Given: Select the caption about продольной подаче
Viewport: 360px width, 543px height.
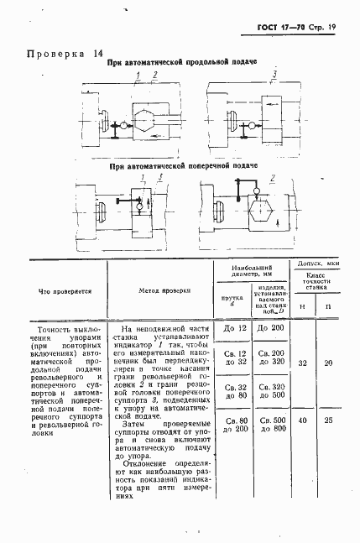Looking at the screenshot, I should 181,63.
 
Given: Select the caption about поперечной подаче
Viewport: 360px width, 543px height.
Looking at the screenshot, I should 181,166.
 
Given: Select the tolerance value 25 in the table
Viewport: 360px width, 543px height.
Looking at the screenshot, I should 329,420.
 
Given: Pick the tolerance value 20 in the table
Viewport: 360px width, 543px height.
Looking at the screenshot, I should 329,363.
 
